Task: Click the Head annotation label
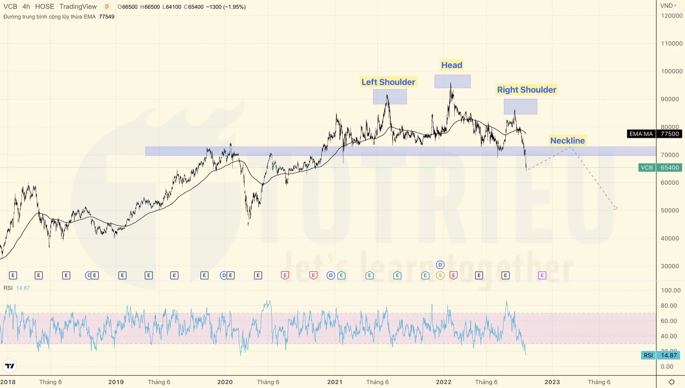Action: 451,65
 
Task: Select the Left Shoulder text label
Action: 388,82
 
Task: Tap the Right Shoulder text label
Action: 526,90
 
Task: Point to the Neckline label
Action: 567,140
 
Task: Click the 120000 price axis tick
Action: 671,16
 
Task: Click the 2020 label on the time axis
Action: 225,382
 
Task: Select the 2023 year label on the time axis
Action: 552,382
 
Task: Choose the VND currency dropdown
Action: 668,6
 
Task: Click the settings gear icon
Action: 672,382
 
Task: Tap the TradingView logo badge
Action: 10,366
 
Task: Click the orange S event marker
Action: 440,275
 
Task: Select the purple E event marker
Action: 542,275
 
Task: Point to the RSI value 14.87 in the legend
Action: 23,288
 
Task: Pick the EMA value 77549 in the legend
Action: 107,17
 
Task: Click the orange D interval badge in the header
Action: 107,7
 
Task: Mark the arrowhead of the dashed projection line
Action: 616,209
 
